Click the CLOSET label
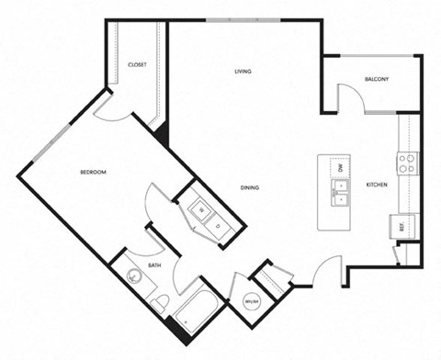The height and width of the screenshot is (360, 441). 138,65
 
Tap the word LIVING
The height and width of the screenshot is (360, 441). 243,71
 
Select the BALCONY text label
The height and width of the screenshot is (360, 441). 377,79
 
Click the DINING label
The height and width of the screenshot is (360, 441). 250,187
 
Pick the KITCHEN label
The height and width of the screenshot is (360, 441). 377,185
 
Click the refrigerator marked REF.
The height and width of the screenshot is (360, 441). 401,225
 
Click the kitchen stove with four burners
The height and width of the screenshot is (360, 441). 407,163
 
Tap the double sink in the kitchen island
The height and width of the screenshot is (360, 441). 340,192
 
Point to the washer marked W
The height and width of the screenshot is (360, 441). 198,210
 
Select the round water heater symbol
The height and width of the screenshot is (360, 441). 249,300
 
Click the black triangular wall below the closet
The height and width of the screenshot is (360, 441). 164,132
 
